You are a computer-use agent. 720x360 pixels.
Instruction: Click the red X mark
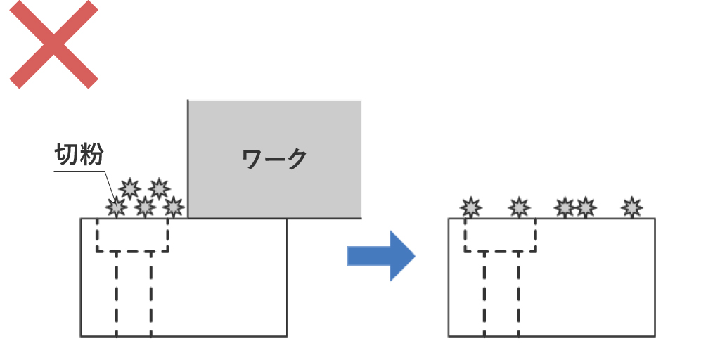53,44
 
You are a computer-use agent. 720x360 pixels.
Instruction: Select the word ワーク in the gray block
274,159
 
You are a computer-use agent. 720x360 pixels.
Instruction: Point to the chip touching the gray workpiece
173,207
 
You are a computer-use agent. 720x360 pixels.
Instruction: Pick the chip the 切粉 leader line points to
116,207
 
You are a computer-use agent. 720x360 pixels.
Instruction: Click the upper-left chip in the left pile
129,188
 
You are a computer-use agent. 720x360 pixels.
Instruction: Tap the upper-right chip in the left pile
160,188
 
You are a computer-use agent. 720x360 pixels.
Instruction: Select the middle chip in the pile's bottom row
145,207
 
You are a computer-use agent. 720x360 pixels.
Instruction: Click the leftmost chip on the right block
470,207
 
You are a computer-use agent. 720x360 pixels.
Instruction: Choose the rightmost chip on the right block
632,207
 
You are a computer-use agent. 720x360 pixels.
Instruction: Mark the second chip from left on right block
519,207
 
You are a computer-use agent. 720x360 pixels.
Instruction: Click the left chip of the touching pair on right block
565,207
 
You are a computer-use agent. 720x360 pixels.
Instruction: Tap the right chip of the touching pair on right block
585,207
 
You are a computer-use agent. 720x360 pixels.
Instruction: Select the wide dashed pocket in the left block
133,235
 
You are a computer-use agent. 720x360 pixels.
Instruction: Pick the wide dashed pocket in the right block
501,235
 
